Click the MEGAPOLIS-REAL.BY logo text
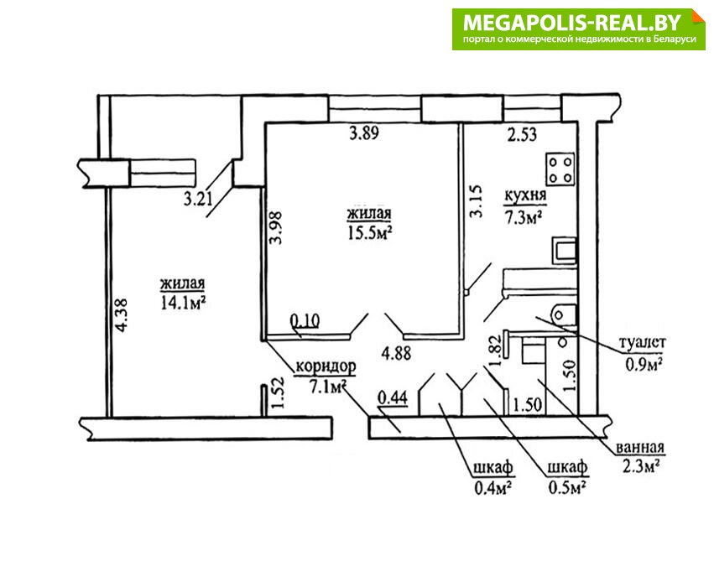(572, 23)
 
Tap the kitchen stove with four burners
(560, 169)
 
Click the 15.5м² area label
(370, 233)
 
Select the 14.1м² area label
(183, 302)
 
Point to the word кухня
(525, 195)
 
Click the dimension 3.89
(364, 133)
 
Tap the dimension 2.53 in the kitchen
(522, 135)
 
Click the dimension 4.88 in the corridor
(396, 354)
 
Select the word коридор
(326, 366)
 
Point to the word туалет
(643, 342)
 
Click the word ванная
(640, 447)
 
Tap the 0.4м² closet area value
(493, 488)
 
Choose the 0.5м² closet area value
(567, 488)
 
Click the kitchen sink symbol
(564, 250)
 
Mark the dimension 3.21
(199, 199)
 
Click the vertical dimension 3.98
(275, 227)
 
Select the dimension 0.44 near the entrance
(393, 397)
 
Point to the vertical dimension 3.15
(476, 200)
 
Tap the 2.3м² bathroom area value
(641, 467)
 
